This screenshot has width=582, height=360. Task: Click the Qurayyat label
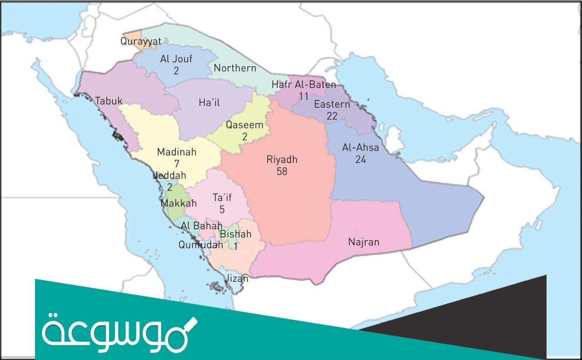pyautogui.click(x=140, y=41)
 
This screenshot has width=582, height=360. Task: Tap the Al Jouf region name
pyautogui.click(x=176, y=59)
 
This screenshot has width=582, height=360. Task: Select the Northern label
pyautogui.click(x=235, y=68)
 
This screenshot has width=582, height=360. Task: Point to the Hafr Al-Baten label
pyautogui.click(x=304, y=85)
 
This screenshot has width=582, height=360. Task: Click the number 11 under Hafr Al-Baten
pyautogui.click(x=304, y=96)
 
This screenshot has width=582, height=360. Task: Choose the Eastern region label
pyautogui.click(x=332, y=105)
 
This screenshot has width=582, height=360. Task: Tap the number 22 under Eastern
pyautogui.click(x=332, y=116)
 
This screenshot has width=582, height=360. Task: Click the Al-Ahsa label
pyautogui.click(x=361, y=148)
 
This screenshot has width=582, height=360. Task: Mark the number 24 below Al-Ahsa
pyautogui.click(x=361, y=160)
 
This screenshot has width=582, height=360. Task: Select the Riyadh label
pyautogui.click(x=282, y=160)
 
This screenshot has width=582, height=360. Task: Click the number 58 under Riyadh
pyautogui.click(x=282, y=171)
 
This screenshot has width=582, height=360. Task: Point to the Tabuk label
pyautogui.click(x=109, y=101)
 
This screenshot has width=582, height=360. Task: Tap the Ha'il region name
pyautogui.click(x=209, y=103)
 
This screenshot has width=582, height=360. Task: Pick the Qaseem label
pyautogui.click(x=245, y=125)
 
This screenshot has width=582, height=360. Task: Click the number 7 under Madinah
pyautogui.click(x=176, y=164)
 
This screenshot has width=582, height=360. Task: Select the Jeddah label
pyautogui.click(x=170, y=175)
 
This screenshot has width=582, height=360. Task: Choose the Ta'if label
pyautogui.click(x=222, y=198)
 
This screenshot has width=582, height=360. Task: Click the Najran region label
pyautogui.click(x=363, y=242)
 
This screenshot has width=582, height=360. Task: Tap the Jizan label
pyautogui.click(x=237, y=278)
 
